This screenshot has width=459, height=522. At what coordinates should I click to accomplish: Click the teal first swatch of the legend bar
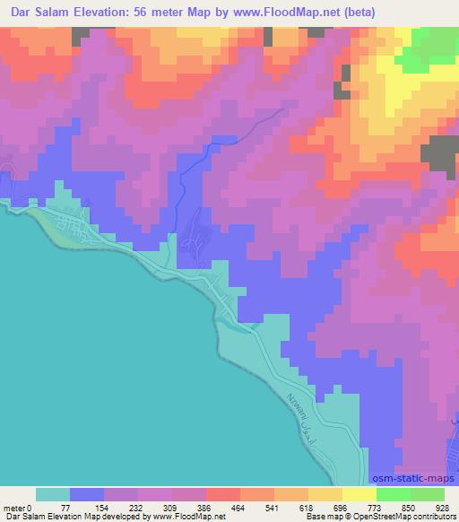coord(53,494)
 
